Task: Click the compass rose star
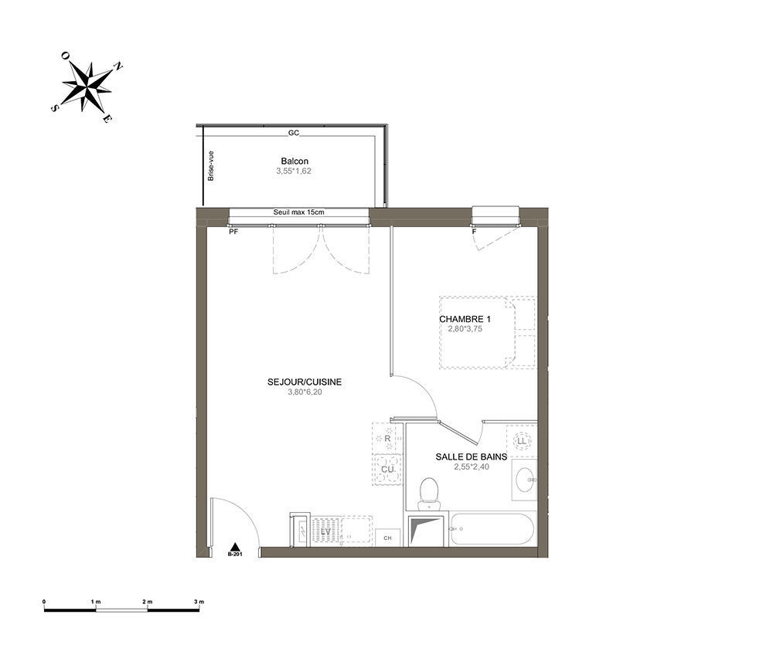coord(87,87)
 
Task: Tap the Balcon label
coord(295,161)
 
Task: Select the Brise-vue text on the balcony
coord(211,165)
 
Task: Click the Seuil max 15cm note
coord(298,212)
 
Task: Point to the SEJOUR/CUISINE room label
coord(304,382)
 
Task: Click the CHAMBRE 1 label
coord(465,319)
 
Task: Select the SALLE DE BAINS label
coord(472,457)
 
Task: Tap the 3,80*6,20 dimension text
coord(305,392)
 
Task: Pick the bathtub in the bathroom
coord(492,529)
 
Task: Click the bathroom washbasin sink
coord(524,480)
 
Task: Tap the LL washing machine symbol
coord(521,441)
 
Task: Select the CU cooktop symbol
coord(387,470)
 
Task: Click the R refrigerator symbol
coord(387,438)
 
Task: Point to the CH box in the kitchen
coord(387,538)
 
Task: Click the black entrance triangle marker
coord(236,546)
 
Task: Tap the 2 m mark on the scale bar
coord(148,602)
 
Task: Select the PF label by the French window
coord(233,232)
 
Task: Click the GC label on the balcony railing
coord(294,133)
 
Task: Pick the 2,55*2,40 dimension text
coord(472,467)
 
